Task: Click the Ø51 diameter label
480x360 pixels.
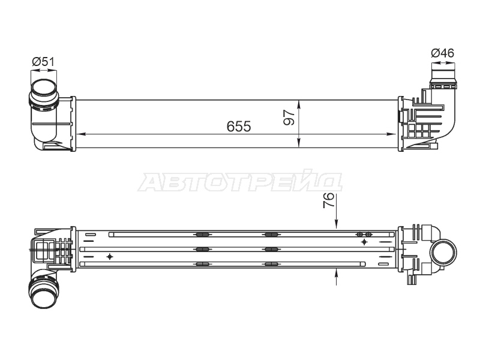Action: coord(43,62)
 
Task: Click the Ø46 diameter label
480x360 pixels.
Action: coord(443,53)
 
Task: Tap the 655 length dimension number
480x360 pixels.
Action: coord(239,127)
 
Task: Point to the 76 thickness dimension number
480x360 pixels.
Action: coord(328,200)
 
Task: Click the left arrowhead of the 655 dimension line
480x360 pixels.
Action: coord(80,134)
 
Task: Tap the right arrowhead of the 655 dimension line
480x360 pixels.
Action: coord(392,134)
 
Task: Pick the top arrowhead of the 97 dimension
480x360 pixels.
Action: coord(299,104)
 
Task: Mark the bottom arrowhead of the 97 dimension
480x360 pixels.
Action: coord(299,143)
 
